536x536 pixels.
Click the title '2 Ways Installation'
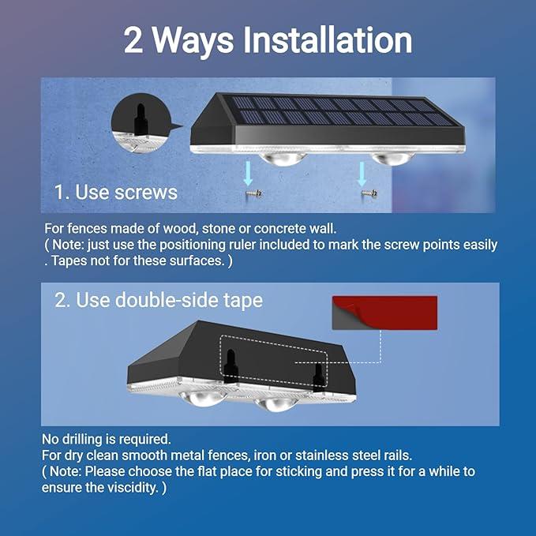(x=268, y=41)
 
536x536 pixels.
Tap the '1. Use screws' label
(x=115, y=192)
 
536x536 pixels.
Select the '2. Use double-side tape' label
(x=159, y=300)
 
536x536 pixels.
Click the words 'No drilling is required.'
(x=106, y=439)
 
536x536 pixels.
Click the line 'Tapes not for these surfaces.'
(x=141, y=261)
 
